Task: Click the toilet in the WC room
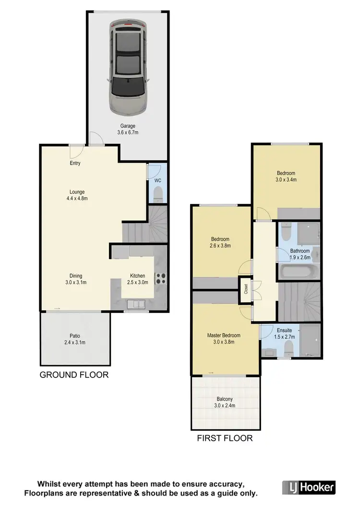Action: [x=157, y=194]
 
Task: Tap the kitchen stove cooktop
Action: [x=161, y=278]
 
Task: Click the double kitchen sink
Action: [x=135, y=303]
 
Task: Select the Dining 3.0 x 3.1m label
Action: [x=75, y=279]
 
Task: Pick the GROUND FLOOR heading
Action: [x=74, y=375]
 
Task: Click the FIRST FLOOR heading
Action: [x=225, y=438]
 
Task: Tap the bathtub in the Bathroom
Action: [x=294, y=274]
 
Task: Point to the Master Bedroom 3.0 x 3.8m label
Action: [x=224, y=338]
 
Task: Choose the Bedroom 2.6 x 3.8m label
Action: [x=220, y=242]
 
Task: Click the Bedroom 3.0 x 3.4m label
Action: [x=286, y=177]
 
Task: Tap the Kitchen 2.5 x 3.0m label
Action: [x=137, y=279]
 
